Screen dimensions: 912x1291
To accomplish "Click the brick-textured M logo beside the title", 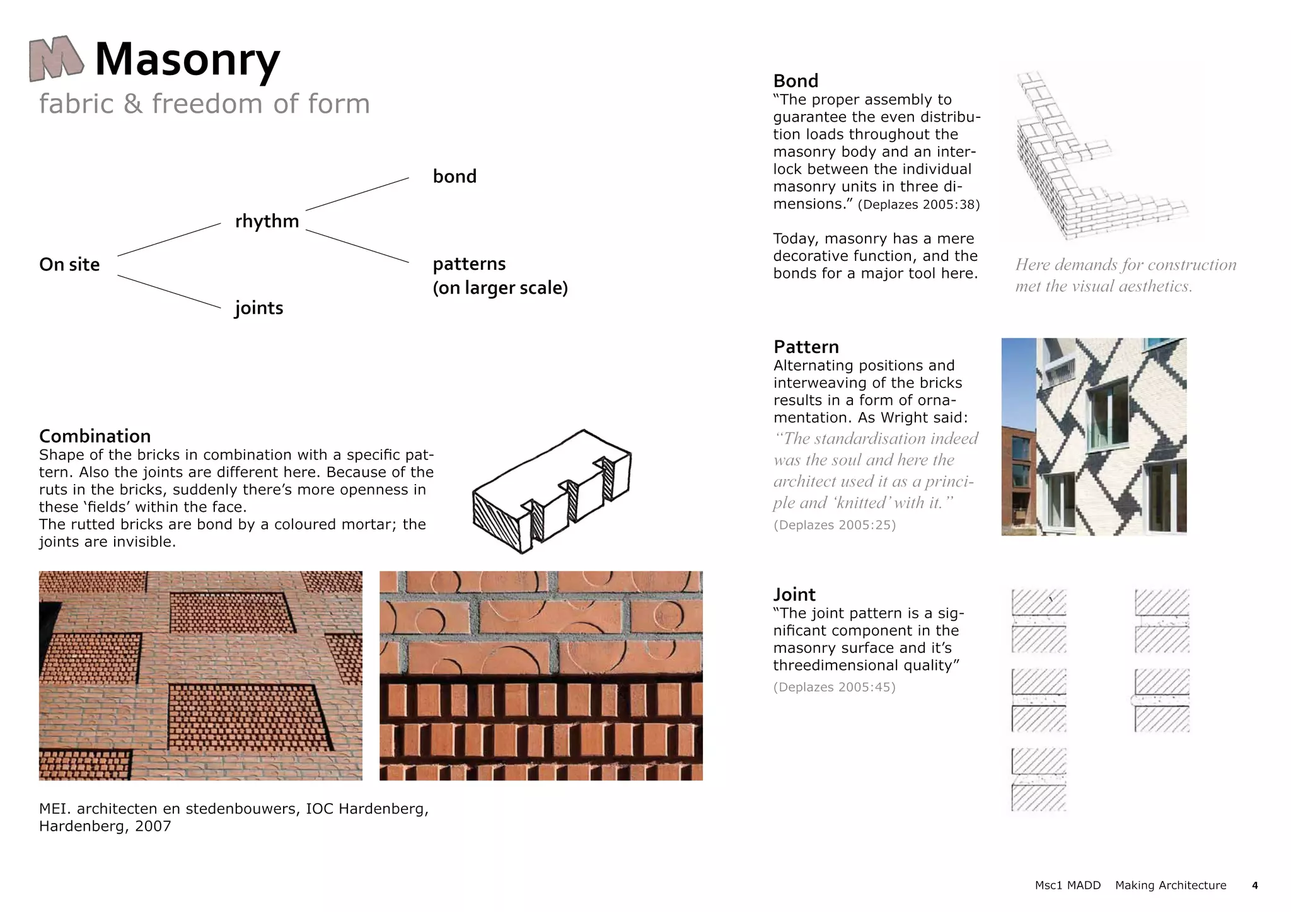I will click(56, 59).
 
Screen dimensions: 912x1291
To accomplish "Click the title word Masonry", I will click(187, 60).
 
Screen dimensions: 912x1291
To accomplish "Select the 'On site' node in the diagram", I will click(69, 265).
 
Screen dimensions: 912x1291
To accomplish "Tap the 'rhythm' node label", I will click(267, 221).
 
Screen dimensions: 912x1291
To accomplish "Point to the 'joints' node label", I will click(258, 308).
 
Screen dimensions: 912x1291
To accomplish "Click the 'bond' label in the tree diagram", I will click(454, 176).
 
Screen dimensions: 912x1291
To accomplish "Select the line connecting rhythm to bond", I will click(357, 194).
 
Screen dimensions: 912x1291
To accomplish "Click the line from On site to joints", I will click(169, 291).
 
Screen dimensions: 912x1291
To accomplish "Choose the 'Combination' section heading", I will click(95, 436).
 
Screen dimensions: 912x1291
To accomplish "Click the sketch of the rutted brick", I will click(552, 492).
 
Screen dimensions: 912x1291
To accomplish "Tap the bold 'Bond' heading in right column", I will click(796, 81).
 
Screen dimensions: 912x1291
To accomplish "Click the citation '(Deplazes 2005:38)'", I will click(918, 205).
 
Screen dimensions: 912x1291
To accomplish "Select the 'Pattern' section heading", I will click(806, 347).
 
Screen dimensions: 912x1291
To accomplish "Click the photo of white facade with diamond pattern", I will click(1094, 436).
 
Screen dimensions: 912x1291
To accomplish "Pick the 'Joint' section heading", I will click(794, 594).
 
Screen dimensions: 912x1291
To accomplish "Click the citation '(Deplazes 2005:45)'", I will click(834, 687).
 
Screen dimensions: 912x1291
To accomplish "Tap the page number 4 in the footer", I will click(1254, 886).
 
